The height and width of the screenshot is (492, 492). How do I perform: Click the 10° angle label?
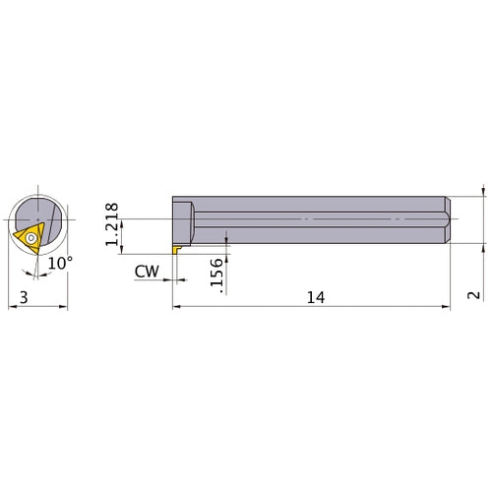point(60,263)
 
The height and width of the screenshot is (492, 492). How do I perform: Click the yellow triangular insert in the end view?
point(30,237)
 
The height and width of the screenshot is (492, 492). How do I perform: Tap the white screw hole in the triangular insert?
point(31,236)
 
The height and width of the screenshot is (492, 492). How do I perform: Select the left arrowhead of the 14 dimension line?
point(177,307)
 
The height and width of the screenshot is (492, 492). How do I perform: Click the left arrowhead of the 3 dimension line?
point(12,307)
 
